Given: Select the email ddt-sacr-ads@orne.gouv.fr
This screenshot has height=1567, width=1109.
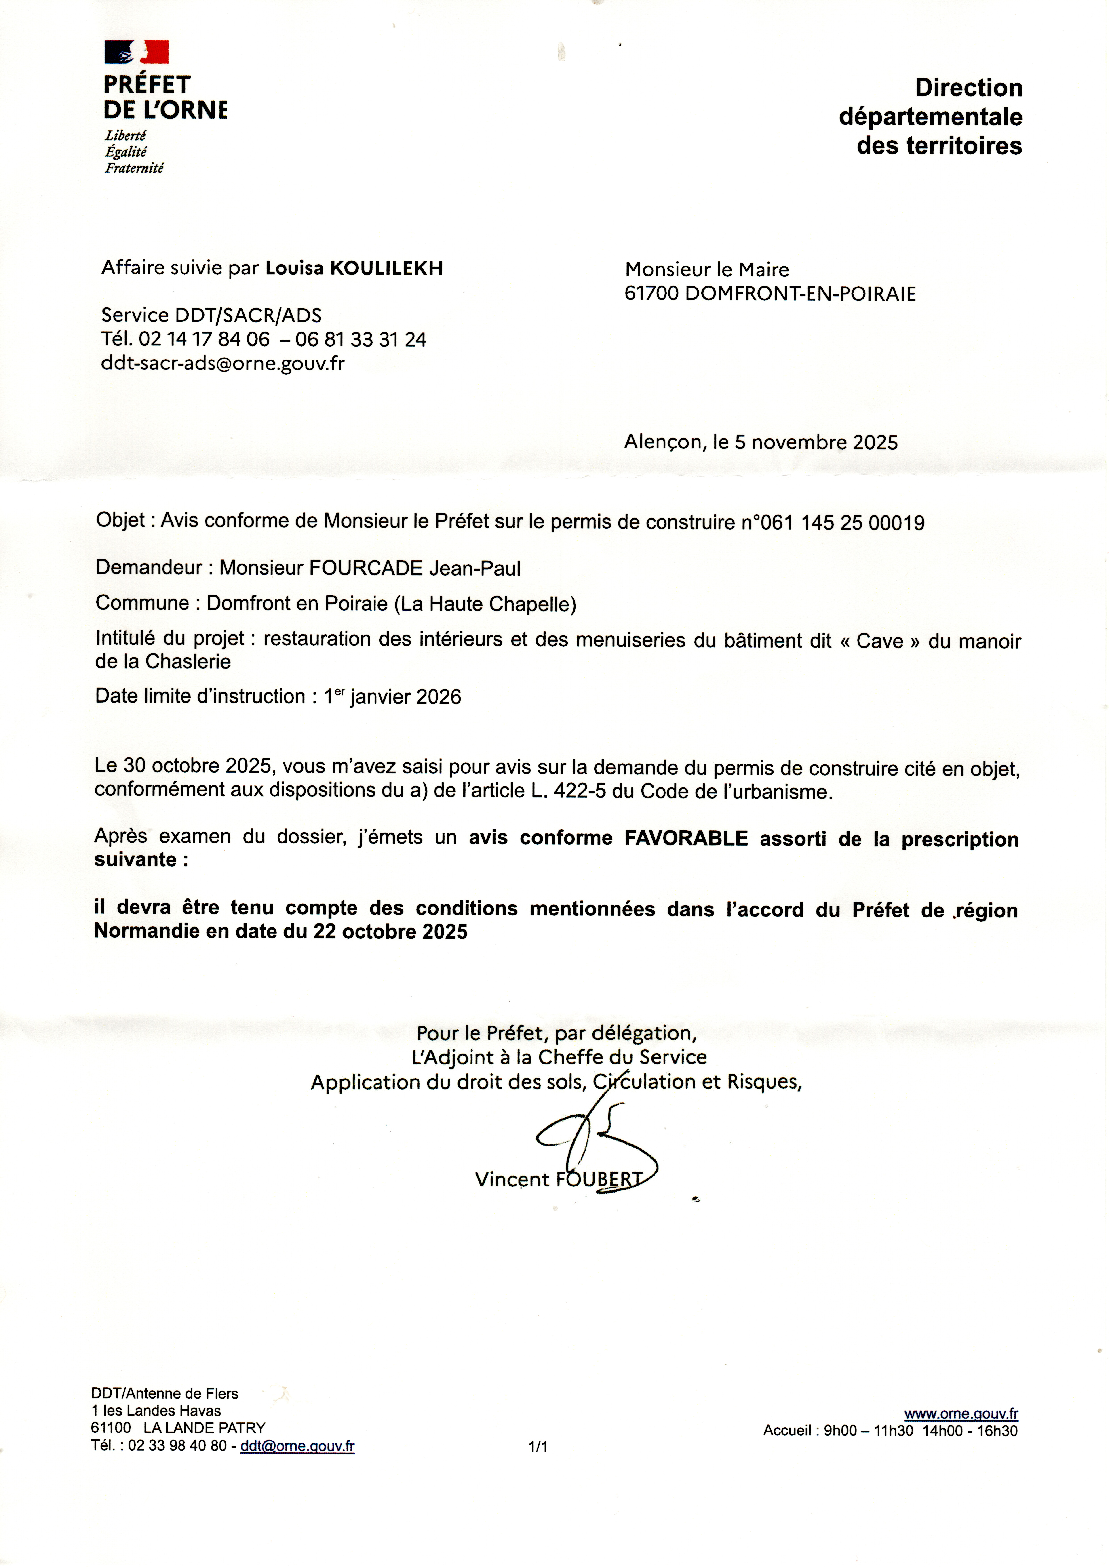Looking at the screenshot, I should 223,363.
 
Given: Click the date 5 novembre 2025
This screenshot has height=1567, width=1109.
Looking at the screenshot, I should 816,442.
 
